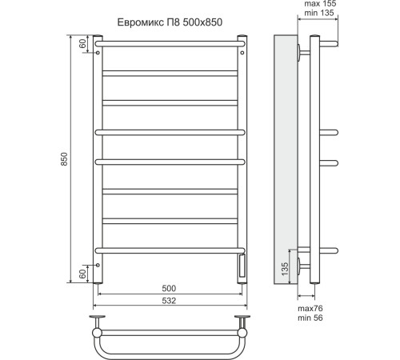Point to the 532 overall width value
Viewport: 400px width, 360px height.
click(168, 302)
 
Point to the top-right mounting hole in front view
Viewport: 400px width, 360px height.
click(242, 51)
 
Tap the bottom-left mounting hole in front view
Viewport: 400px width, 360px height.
click(98, 264)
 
